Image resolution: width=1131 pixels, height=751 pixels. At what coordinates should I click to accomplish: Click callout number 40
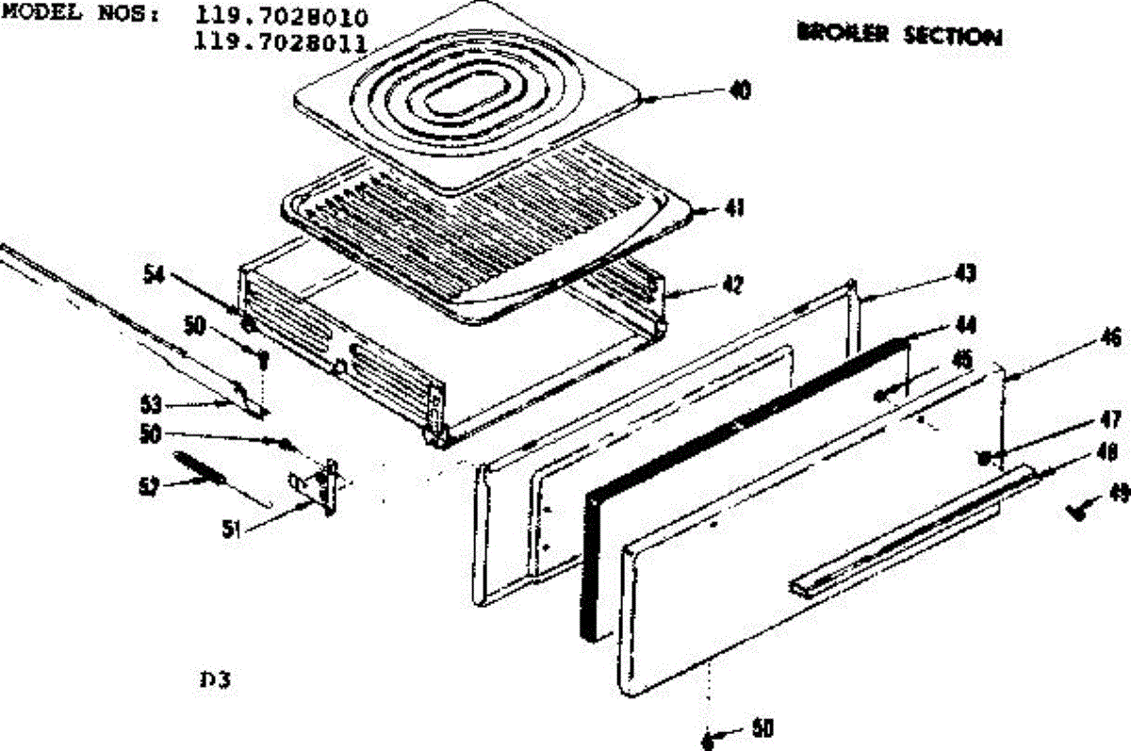pyautogui.click(x=740, y=91)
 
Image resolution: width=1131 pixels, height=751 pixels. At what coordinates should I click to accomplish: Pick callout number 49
pyautogui.click(x=1119, y=491)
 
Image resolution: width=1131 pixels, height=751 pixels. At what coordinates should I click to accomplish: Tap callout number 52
pyautogui.click(x=149, y=484)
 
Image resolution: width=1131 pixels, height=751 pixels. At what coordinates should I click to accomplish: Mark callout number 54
pyautogui.click(x=155, y=274)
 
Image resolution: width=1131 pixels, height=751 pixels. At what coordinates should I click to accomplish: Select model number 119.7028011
pyautogui.click(x=279, y=41)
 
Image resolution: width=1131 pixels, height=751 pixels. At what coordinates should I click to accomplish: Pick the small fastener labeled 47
pyautogui.click(x=983, y=458)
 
